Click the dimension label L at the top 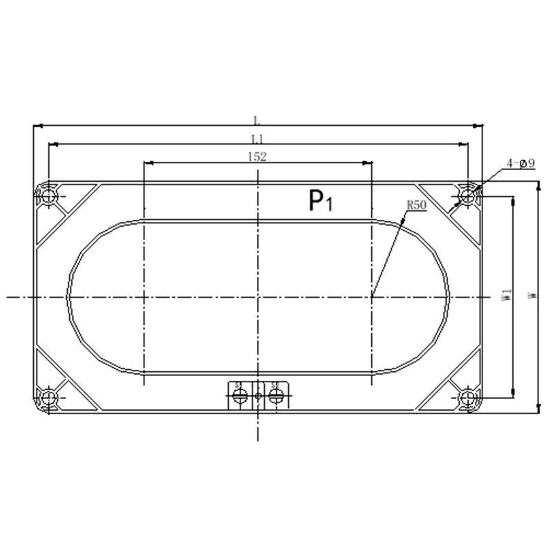coord(257,120)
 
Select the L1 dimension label coord(257,138)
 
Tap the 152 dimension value coord(257,157)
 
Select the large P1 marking coord(320,201)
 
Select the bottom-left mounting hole coord(48,397)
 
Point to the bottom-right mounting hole coord(468,397)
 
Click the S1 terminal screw coord(240,396)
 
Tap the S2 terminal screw coord(276,396)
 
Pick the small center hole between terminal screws coord(258,396)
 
